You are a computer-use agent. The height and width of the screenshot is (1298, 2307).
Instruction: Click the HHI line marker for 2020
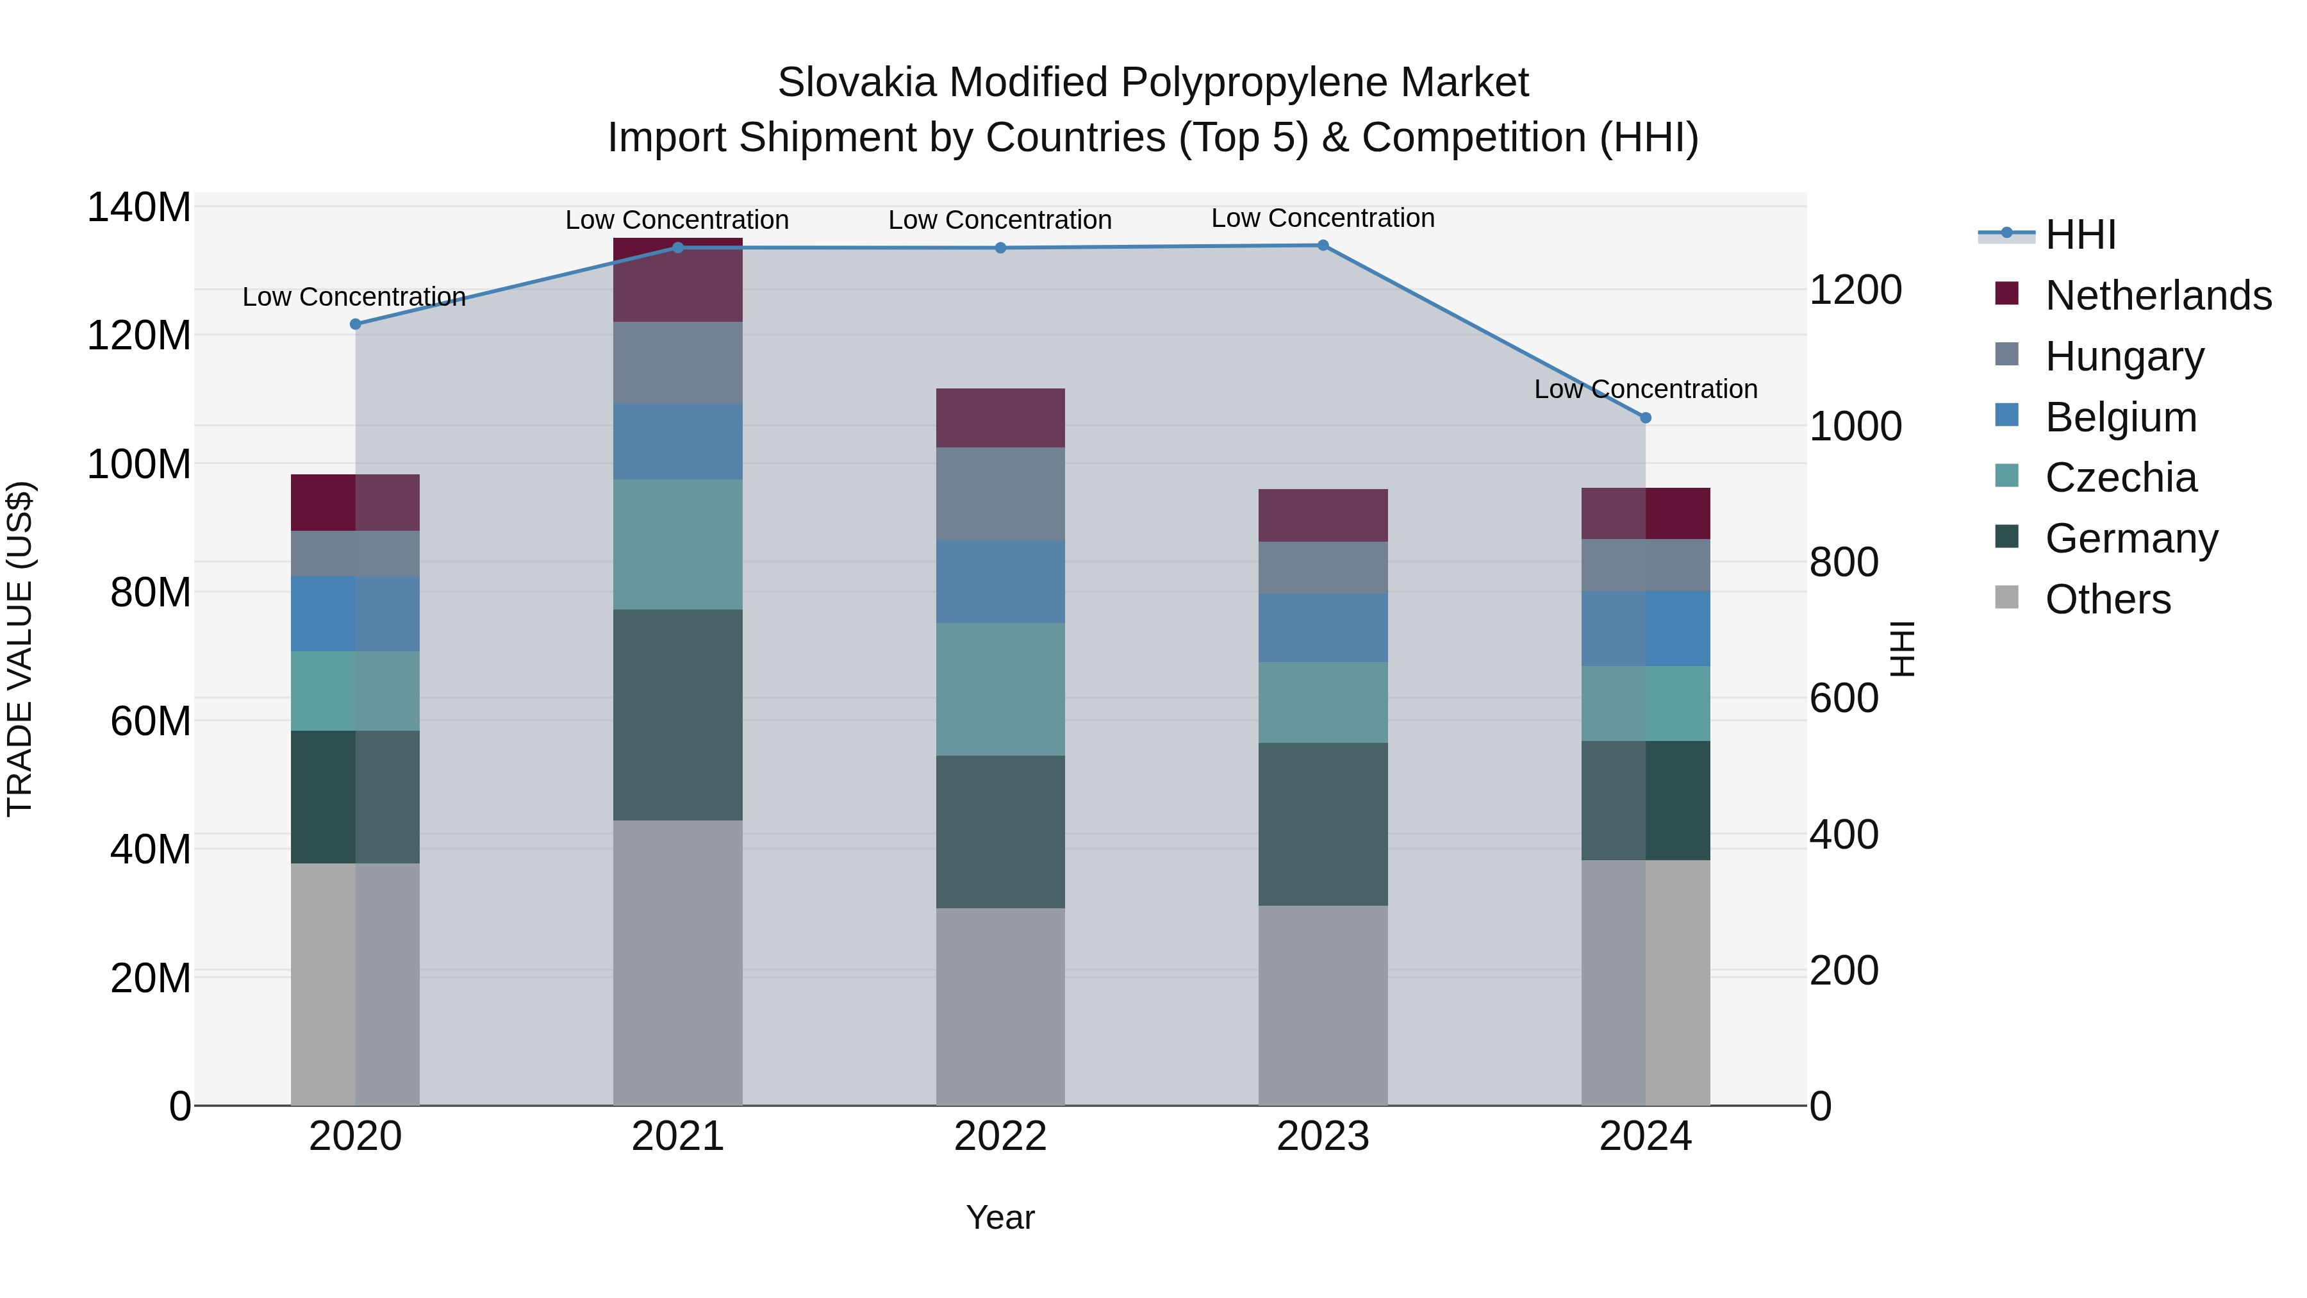click(356, 324)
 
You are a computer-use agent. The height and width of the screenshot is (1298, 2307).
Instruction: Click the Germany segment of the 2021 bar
click(678, 715)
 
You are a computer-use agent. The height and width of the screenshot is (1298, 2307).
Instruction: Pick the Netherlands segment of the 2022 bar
click(1000, 417)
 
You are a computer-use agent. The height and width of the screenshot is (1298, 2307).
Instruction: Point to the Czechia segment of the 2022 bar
click(1000, 689)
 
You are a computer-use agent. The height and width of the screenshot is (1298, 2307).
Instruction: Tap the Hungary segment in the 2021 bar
click(678, 362)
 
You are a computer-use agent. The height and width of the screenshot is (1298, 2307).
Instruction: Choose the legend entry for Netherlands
click(2158, 295)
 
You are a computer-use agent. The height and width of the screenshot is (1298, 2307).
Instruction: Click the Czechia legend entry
click(2121, 478)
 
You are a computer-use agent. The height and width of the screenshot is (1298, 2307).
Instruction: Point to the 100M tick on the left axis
click(139, 464)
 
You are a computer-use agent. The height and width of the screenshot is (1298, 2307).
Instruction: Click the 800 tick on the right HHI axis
click(1843, 563)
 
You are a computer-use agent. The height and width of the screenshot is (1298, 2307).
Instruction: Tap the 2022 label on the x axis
click(1000, 1136)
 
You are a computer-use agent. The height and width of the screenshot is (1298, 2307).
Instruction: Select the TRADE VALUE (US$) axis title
click(20, 649)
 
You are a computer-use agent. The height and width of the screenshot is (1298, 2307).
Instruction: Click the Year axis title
click(1000, 1217)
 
